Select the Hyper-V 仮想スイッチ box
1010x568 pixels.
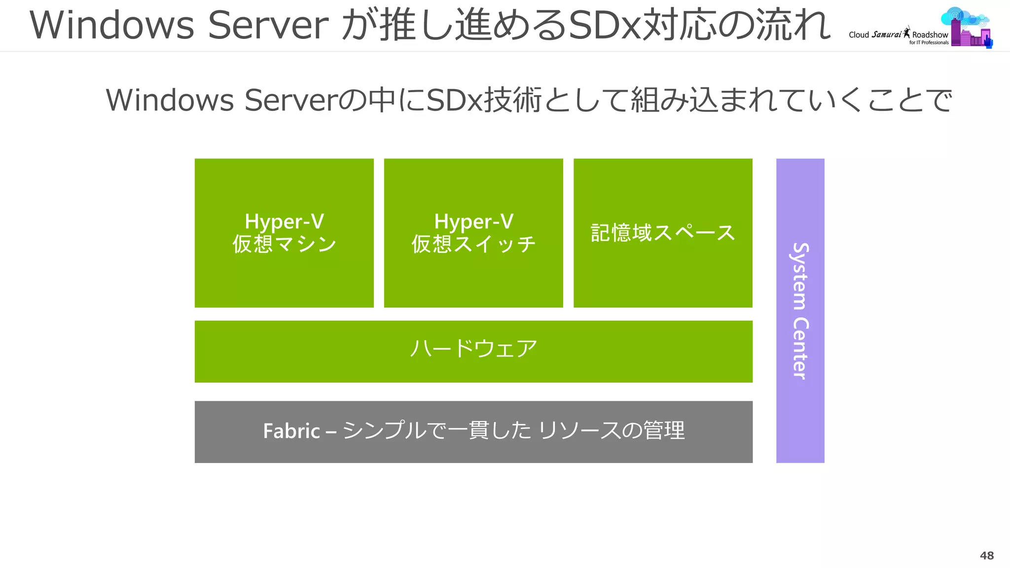click(473, 276)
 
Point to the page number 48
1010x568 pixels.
click(986, 555)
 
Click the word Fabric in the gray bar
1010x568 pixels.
click(291, 431)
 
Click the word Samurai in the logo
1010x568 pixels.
click(886, 35)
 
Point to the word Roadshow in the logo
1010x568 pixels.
click(930, 35)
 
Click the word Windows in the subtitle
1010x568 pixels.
click(170, 100)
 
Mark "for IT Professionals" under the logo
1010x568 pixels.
click(929, 43)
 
